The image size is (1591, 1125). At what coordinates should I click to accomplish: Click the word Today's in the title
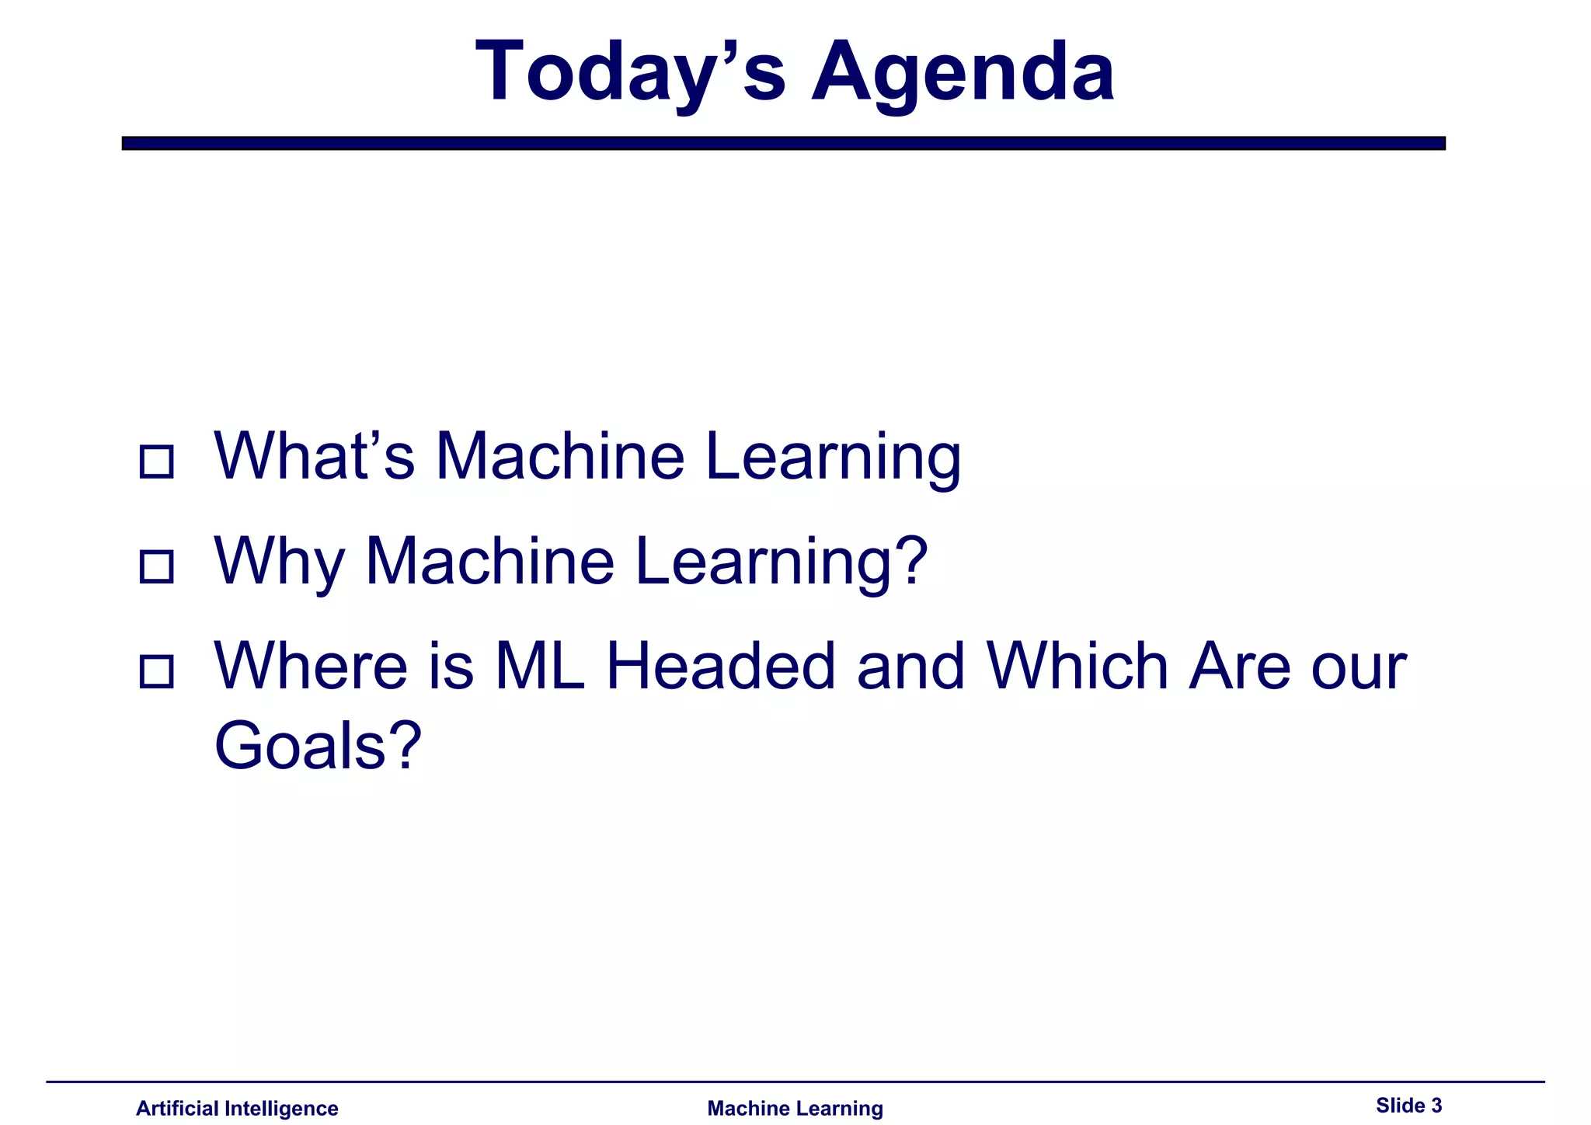630,72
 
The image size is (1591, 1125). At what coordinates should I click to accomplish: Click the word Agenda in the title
963,72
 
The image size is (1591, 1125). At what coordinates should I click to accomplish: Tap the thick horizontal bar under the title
783,143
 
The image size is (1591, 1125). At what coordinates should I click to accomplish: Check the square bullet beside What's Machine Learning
156,461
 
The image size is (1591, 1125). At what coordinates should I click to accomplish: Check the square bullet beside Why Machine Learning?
156,566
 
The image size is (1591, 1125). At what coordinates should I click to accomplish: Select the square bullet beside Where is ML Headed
156,671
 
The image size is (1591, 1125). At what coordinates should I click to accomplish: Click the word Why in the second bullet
279,562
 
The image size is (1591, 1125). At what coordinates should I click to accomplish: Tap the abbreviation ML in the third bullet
540,667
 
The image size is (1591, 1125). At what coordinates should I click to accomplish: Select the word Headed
720,667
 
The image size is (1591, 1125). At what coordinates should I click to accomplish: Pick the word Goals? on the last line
318,746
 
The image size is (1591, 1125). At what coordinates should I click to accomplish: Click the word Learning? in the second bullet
782,562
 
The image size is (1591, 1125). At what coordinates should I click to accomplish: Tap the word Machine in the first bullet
559,456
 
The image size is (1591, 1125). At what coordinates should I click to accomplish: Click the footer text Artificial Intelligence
237,1108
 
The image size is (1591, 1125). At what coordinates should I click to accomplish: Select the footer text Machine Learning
795,1108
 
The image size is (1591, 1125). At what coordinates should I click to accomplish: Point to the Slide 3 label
1408,1105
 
